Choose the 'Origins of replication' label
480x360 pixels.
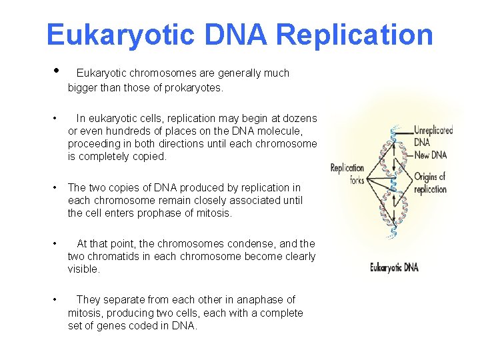[430, 183]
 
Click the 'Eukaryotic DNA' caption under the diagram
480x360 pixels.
[394, 267]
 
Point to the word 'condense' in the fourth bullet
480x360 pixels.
[251, 244]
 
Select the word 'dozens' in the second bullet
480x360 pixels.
[301, 118]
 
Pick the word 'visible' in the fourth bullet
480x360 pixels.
[83, 269]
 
